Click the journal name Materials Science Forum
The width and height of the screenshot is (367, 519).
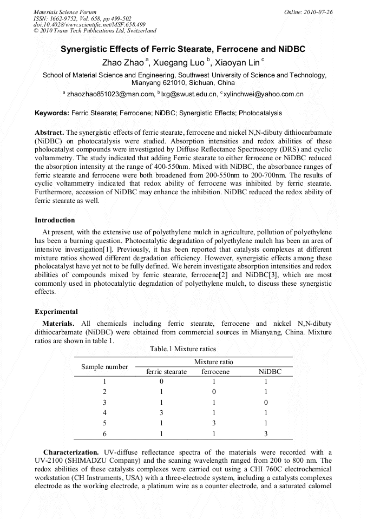point(65,12)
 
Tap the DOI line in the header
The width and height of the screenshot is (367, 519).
point(89,24)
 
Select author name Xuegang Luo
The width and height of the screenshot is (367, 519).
point(179,62)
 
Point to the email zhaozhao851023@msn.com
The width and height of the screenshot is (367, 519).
point(112,94)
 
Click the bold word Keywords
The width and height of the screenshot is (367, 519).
point(51,113)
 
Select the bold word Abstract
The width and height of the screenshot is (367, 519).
point(49,132)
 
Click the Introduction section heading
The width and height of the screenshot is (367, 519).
point(55,220)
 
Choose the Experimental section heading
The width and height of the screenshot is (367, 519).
point(56,311)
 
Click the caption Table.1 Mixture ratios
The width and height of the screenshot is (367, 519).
point(183,349)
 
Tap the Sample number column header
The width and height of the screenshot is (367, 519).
point(104,366)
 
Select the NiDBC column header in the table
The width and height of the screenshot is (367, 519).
point(270,372)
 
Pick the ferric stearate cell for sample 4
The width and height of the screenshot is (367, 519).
point(161,412)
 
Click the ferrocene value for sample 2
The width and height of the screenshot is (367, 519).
point(215,391)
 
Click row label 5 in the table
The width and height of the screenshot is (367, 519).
point(105,423)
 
